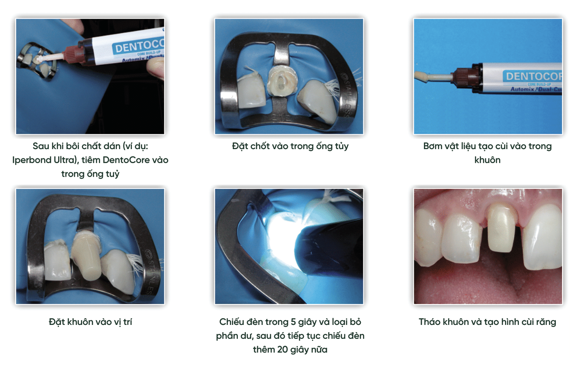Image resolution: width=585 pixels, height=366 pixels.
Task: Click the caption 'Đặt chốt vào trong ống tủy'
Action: tap(290, 147)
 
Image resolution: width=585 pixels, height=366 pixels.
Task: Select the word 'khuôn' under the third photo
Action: tap(487, 160)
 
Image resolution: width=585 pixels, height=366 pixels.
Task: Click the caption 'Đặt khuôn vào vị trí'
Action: tap(90, 322)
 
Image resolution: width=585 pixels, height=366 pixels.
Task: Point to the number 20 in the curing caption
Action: tap(283, 349)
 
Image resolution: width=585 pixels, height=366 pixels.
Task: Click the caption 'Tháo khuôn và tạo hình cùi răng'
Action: tap(487, 322)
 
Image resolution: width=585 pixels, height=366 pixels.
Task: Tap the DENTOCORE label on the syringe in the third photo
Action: tap(533, 76)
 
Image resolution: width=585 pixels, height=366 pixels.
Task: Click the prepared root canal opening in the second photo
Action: tap(281, 81)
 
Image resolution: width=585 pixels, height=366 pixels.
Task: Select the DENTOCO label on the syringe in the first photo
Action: tap(139, 46)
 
